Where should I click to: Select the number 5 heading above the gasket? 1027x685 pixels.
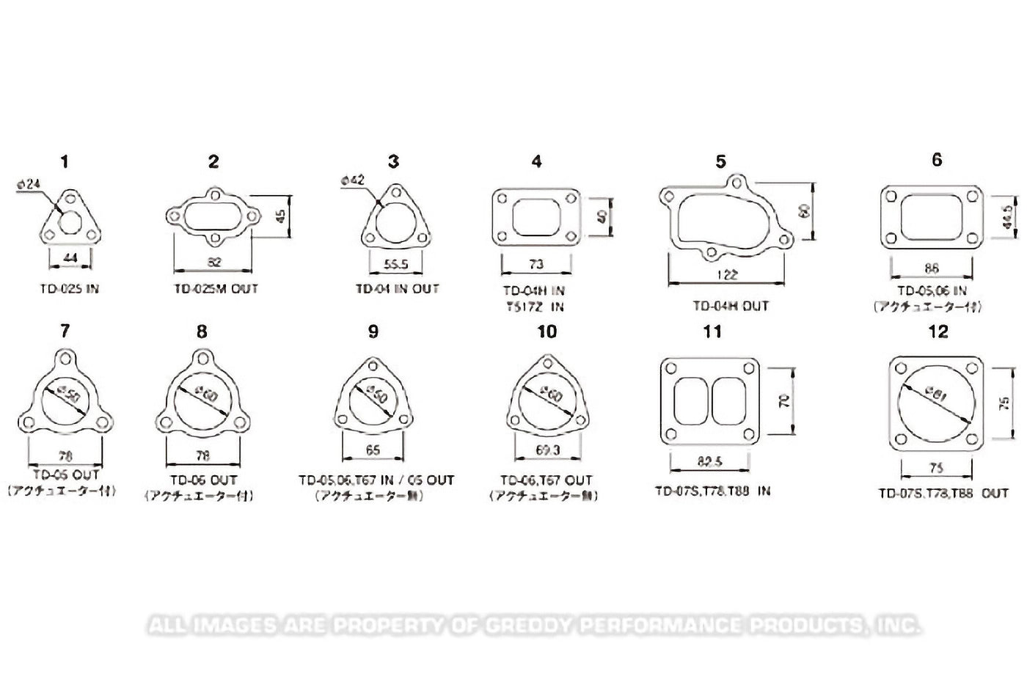(720, 161)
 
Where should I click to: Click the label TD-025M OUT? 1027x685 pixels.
(216, 289)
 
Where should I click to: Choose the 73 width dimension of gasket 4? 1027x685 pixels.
(536, 264)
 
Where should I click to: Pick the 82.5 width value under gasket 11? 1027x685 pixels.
(709, 462)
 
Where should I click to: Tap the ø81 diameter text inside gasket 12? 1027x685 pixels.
(937, 395)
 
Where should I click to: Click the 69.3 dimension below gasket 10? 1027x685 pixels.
(547, 450)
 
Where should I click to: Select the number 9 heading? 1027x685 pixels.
(373, 332)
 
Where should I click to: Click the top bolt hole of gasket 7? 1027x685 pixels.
(66, 359)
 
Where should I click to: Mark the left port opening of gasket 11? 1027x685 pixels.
(690, 400)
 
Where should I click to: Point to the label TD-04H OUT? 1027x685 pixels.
(730, 306)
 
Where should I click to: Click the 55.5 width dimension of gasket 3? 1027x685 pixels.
(396, 264)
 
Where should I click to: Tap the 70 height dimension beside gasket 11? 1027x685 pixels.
(785, 400)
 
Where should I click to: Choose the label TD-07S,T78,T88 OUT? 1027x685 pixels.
(943, 494)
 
